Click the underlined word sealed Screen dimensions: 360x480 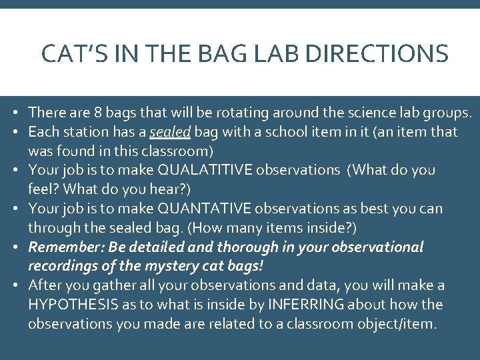pos(170,132)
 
